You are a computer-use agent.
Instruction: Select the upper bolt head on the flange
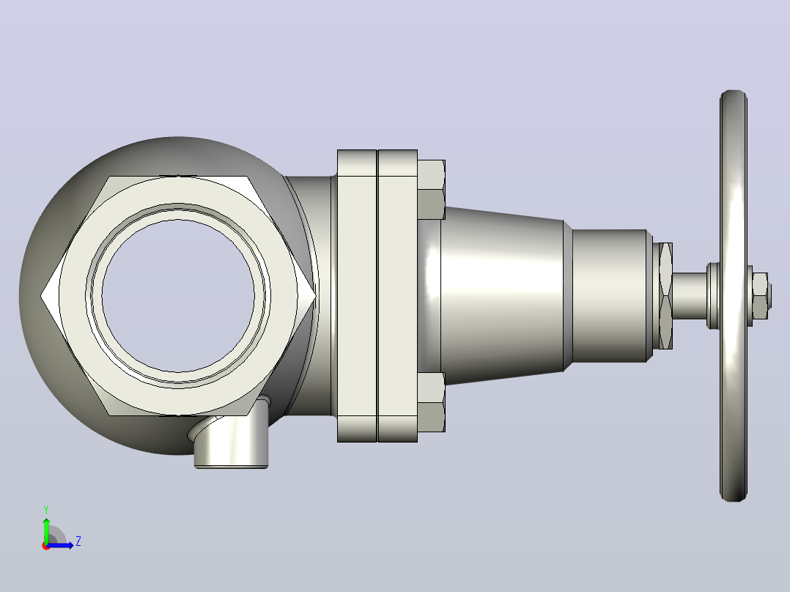pos(431,190)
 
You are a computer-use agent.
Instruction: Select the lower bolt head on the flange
pos(431,402)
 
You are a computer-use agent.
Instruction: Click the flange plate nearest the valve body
pos(357,296)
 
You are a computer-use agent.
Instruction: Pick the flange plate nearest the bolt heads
pos(397,296)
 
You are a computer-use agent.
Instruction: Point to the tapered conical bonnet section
pos(502,296)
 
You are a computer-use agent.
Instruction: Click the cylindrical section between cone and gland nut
pos(610,296)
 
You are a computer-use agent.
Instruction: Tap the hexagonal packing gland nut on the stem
pos(665,296)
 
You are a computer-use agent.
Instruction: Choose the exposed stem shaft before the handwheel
pos(689,296)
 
